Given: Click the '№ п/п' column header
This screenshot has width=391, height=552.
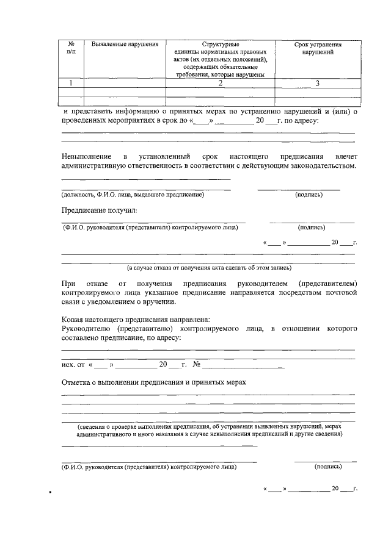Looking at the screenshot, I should [x=71, y=48].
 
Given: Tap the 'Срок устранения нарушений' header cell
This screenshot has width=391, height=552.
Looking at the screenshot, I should [x=317, y=48].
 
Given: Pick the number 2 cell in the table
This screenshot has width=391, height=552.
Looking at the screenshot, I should [x=221, y=84].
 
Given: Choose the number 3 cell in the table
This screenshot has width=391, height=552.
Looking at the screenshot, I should [x=317, y=84].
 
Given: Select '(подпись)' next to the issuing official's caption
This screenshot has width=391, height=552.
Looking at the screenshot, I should [x=309, y=195].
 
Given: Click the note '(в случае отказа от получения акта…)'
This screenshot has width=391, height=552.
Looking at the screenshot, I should [x=209, y=267].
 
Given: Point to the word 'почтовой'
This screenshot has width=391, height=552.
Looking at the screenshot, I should [x=339, y=293].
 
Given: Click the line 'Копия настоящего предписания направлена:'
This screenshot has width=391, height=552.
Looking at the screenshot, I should [x=136, y=320].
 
